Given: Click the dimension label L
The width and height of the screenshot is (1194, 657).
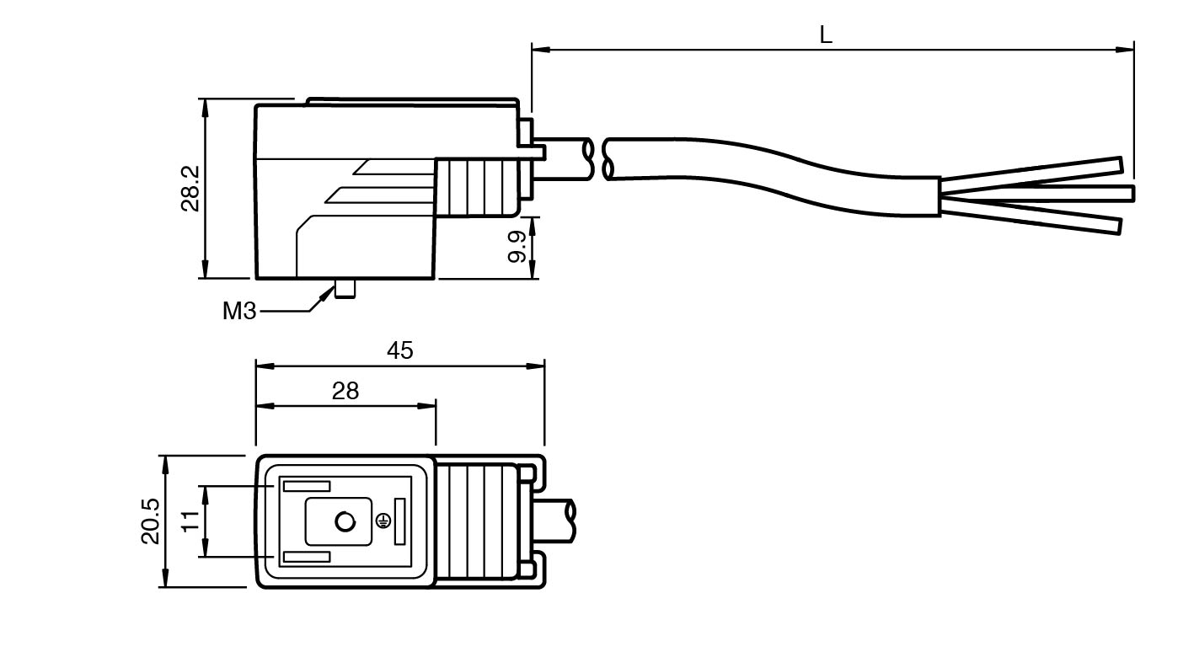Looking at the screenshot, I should click(826, 35).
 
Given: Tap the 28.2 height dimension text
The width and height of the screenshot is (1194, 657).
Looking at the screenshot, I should click(190, 188).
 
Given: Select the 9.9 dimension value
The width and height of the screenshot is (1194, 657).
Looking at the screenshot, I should click(518, 247).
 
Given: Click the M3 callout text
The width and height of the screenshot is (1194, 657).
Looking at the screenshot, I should click(238, 311).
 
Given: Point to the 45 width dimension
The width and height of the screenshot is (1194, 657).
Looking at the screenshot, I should click(400, 350).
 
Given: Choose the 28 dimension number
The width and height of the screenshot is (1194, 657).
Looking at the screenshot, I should click(345, 391).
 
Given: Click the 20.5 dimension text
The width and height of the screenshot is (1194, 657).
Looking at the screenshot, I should click(150, 521).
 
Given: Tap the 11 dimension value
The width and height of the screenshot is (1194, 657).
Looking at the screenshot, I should click(190, 521).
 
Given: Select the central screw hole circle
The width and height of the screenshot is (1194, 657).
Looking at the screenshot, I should click(345, 522).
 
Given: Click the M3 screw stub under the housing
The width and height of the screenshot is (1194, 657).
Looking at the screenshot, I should click(345, 289).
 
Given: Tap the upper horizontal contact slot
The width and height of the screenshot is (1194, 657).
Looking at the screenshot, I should click(306, 486).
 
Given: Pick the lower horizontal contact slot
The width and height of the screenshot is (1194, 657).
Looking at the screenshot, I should click(306, 558).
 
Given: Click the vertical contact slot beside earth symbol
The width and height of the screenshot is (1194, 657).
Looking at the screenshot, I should click(399, 521).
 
